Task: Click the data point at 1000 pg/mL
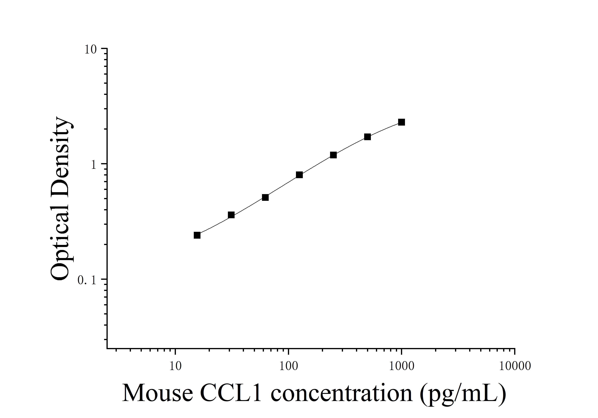pyautogui.click(x=401, y=122)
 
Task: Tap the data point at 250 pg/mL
pyautogui.click(x=333, y=155)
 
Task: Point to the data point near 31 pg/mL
pyautogui.click(x=231, y=215)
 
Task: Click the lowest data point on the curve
pyautogui.click(x=197, y=235)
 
